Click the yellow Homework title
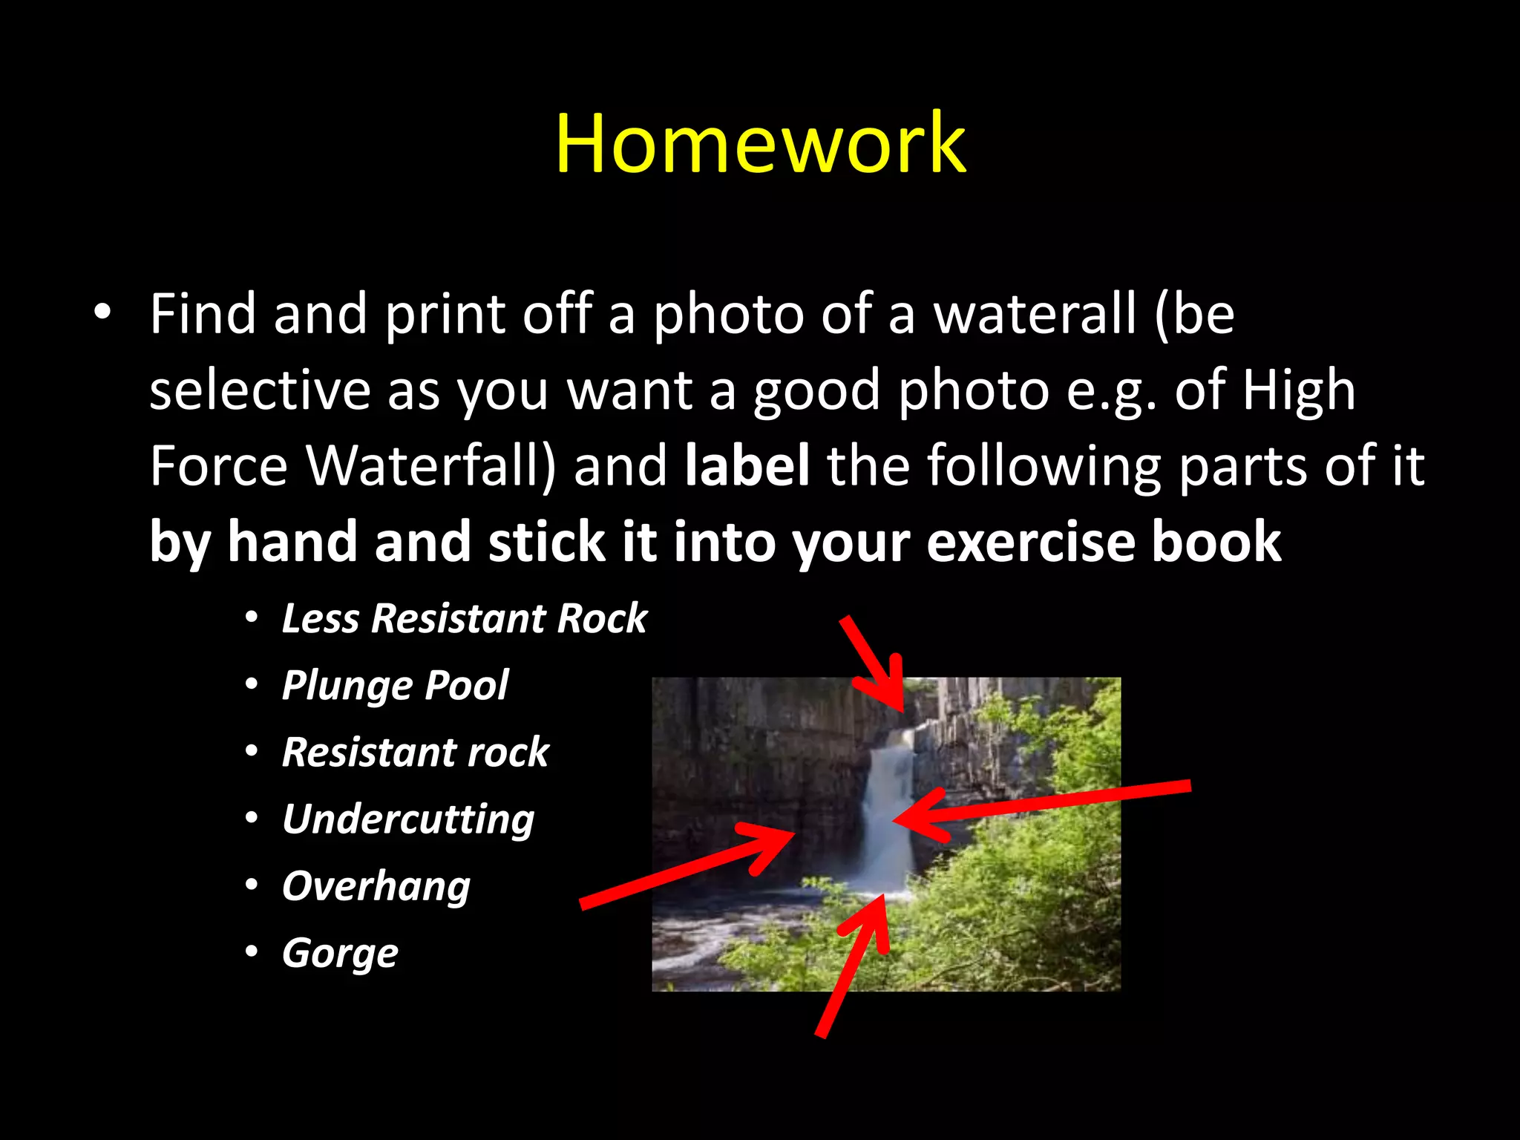coord(760,143)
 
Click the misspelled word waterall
coord(1035,314)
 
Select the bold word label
coord(747,465)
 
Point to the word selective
coord(260,390)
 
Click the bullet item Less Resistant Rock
coord(464,618)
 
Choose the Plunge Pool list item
coord(395,684)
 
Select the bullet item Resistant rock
coord(416,752)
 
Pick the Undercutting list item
coord(408,819)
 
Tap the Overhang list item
coord(376,886)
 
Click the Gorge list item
coord(340,953)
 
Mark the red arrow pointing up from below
coord(854,965)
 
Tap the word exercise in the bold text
coord(1031,542)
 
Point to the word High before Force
coord(1299,390)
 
